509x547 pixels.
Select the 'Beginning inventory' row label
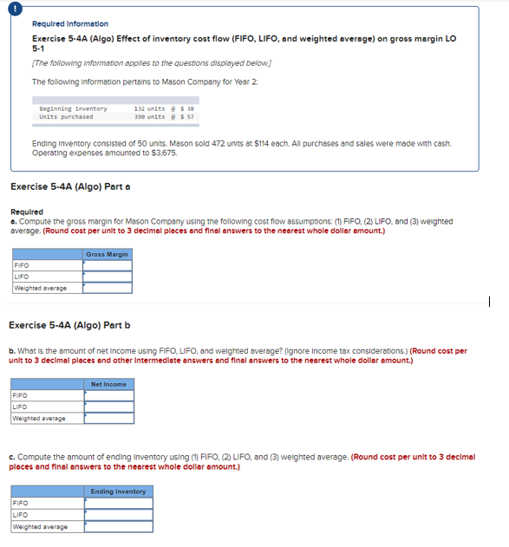73,108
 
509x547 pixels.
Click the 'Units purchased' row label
66,116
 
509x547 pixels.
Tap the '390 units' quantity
149,116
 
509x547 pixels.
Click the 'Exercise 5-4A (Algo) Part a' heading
70,186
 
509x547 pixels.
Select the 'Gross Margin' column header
108,254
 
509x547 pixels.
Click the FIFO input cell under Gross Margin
108,266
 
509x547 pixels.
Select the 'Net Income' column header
109,384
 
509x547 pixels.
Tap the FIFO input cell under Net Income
109,396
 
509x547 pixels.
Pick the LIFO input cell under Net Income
109,407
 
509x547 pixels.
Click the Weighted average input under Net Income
109,418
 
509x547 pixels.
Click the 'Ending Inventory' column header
119,492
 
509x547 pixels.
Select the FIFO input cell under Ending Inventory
119,504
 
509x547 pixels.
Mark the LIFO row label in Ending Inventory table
19,515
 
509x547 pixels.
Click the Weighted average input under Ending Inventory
119,526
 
